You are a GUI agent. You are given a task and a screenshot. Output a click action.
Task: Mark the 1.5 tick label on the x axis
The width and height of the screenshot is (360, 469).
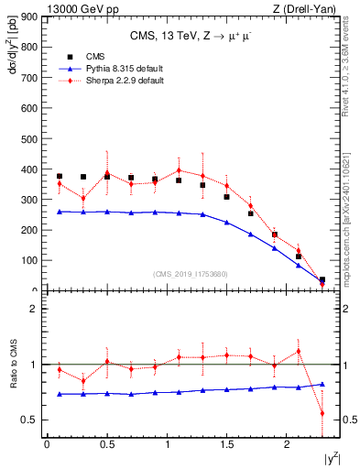pyautogui.click(x=228, y=444)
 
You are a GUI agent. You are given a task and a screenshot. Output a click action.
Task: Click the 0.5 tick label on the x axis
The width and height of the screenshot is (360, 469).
pyautogui.click(x=107, y=444)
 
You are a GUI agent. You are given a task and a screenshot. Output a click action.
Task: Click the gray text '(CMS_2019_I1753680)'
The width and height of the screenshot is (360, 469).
pyautogui.click(x=190, y=273)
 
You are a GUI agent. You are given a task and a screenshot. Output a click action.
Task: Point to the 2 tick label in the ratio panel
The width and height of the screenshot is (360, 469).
pyautogui.click(x=33, y=309)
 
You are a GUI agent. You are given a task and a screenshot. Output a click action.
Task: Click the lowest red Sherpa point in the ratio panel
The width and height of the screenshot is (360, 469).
pyautogui.click(x=322, y=412)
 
